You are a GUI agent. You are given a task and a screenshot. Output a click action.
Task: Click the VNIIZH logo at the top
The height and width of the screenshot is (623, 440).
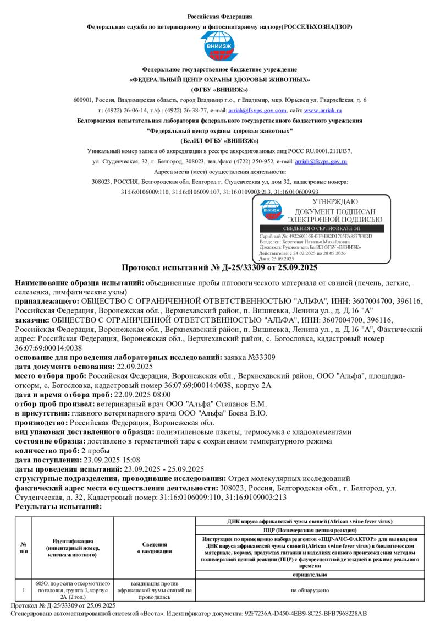pos(219,47)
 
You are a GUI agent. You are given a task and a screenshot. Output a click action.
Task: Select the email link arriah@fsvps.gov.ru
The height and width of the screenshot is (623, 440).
pos(321,161)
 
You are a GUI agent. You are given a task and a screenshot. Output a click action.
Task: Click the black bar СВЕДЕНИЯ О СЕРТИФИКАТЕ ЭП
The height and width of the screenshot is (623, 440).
pos(323,228)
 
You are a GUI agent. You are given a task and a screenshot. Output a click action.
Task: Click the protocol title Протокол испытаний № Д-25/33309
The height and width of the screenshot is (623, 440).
pos(219,268)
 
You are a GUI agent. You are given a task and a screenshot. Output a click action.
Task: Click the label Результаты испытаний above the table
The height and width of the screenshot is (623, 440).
pos(58,506)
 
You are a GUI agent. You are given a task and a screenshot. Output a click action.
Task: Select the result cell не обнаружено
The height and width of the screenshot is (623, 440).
pos(310,590)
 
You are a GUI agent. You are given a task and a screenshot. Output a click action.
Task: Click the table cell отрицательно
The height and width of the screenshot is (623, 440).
pos(310,574)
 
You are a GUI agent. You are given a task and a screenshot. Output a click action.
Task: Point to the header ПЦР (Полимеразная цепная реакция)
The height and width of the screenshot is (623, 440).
pos(310,529)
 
